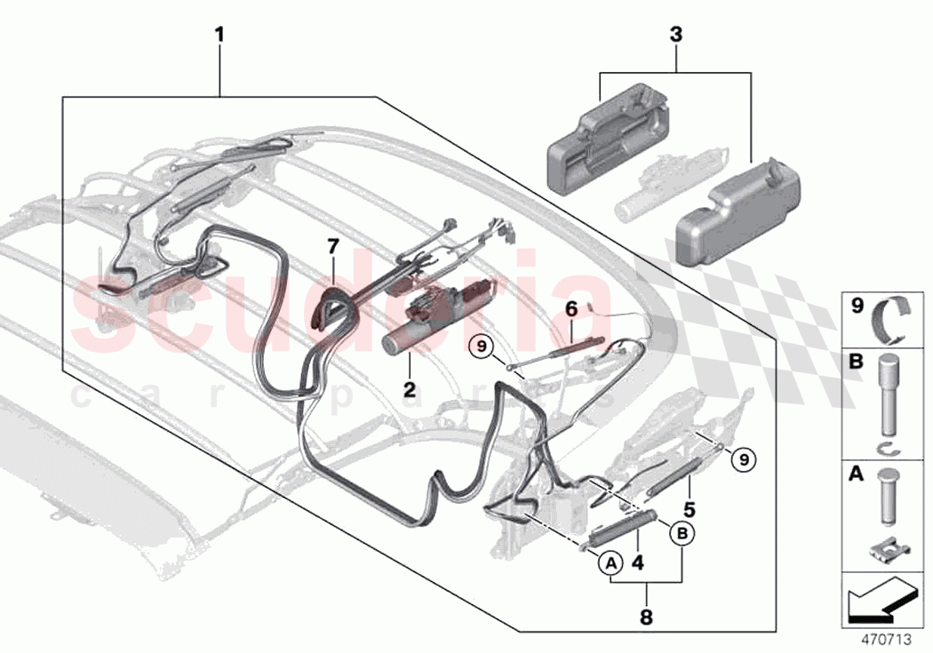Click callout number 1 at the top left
[219, 36]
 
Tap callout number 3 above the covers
[676, 36]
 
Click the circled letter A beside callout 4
[610, 561]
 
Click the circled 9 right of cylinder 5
[745, 458]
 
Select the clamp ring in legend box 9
[892, 321]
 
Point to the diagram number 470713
[890, 638]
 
